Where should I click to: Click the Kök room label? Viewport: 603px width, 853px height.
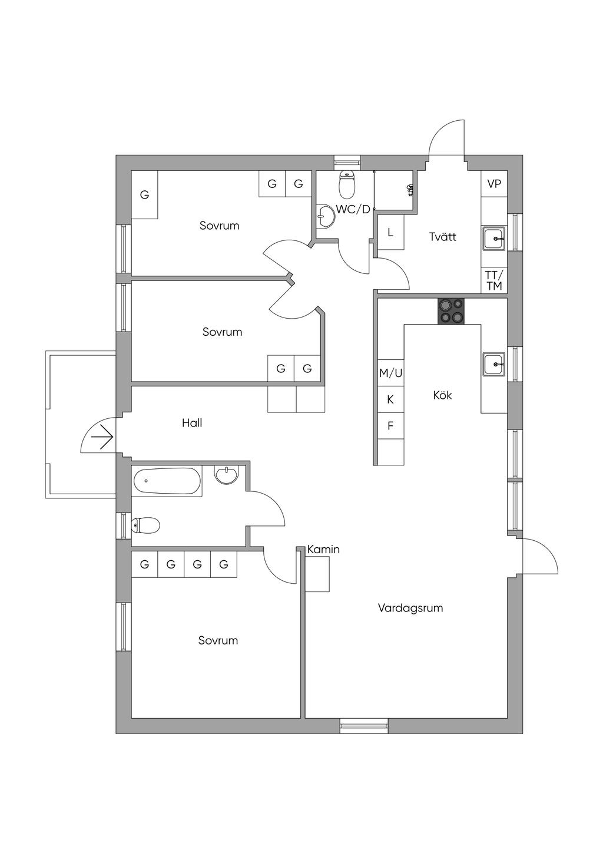coord(442,395)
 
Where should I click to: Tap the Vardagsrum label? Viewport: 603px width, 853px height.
coord(410,608)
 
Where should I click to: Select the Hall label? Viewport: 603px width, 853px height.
coord(192,423)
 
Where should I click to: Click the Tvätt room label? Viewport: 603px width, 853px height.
coord(443,237)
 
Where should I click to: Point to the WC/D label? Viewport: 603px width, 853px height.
coord(353,209)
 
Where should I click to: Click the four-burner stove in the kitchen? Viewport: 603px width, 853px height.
coord(451,311)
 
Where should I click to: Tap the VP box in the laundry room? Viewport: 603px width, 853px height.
coord(494,184)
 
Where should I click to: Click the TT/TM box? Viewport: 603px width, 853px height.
coord(494,281)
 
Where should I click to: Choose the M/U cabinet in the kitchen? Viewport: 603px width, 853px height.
coord(390,373)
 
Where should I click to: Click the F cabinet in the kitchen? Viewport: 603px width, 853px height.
coord(390,425)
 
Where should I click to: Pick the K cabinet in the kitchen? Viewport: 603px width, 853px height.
coord(390,399)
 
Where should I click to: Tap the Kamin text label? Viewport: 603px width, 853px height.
coord(323,550)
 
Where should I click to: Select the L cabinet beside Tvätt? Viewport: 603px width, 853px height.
coord(390,233)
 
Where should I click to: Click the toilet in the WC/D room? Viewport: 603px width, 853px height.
coord(347,184)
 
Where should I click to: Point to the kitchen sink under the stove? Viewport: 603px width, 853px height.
coord(494,365)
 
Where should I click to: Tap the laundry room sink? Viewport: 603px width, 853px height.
coord(494,239)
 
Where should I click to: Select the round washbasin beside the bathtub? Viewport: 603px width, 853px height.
coord(226,475)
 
